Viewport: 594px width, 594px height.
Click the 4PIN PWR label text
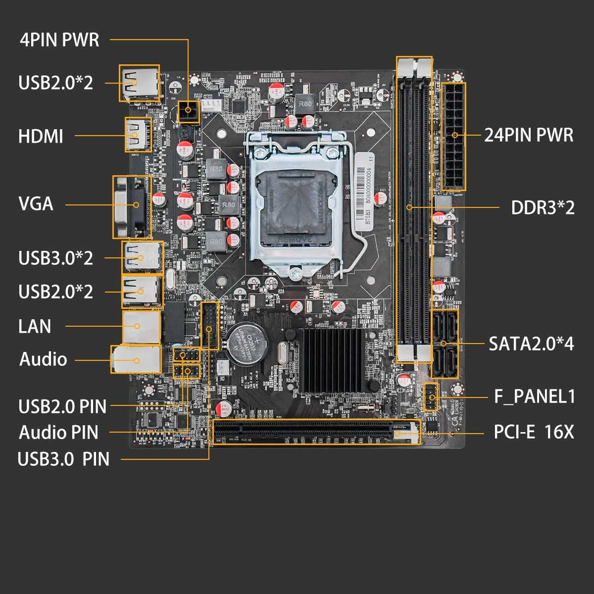(x=59, y=40)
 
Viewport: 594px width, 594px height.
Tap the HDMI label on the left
(x=41, y=136)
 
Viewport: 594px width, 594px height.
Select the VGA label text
(x=36, y=204)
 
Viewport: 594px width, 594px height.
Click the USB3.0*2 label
(x=55, y=258)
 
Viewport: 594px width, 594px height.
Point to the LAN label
(x=35, y=326)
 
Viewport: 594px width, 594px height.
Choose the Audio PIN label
(x=58, y=432)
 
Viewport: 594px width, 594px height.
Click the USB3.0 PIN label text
(x=63, y=459)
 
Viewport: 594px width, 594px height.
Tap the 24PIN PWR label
(x=528, y=135)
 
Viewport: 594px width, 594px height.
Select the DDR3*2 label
(x=543, y=208)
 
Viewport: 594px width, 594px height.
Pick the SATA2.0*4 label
(x=531, y=344)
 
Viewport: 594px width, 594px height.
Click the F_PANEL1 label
(x=535, y=396)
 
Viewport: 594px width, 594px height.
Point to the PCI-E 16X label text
(x=534, y=432)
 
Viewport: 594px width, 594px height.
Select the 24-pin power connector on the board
(x=453, y=136)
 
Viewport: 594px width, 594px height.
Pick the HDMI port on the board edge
(x=138, y=135)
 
